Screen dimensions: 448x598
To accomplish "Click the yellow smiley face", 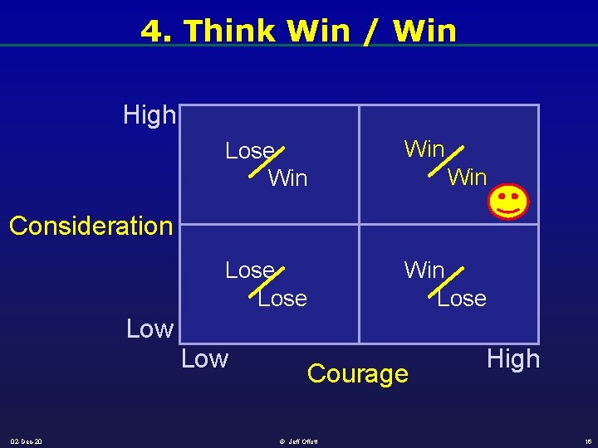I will (x=508, y=202).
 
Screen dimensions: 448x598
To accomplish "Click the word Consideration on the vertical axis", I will (x=91, y=226).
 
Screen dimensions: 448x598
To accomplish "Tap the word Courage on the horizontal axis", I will (x=358, y=374).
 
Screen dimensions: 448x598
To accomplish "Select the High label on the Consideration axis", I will (x=149, y=115).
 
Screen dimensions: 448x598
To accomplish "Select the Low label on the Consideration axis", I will (x=149, y=329).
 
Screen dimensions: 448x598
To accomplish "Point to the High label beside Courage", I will (x=513, y=359).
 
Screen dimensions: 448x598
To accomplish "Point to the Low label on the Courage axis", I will (x=204, y=359).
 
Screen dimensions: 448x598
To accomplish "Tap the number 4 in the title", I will (x=151, y=31).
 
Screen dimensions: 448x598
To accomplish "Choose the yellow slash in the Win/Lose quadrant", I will (x=448, y=280).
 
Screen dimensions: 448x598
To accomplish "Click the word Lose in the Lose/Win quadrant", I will (x=248, y=151).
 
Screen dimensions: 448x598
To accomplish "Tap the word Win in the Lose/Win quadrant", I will (x=288, y=178).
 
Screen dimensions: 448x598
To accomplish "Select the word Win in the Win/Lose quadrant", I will (x=424, y=270).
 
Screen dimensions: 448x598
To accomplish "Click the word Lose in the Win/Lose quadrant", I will (x=462, y=299).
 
